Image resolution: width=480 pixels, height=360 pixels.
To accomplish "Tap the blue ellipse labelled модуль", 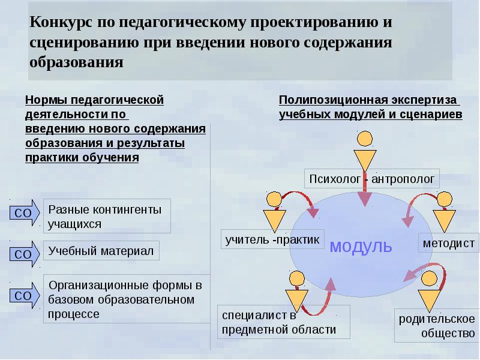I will point(359,245).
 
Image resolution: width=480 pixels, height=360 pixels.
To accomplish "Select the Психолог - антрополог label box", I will point(374,179).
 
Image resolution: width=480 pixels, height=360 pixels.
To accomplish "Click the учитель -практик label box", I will point(272,240).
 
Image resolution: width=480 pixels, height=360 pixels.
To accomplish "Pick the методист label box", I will point(448,244).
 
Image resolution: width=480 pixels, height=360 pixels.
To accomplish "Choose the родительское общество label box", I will point(437,325).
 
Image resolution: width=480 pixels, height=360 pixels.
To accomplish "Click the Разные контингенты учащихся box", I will point(107,217).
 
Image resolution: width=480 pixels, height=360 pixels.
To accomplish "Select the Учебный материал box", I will point(101,251).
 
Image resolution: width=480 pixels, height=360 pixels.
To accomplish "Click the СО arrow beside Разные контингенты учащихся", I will point(25,212).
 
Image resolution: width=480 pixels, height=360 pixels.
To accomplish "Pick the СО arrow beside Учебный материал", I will point(25,254).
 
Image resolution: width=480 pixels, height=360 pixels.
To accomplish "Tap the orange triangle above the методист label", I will point(445,220).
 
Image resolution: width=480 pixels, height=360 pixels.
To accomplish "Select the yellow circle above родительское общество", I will point(430,279).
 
